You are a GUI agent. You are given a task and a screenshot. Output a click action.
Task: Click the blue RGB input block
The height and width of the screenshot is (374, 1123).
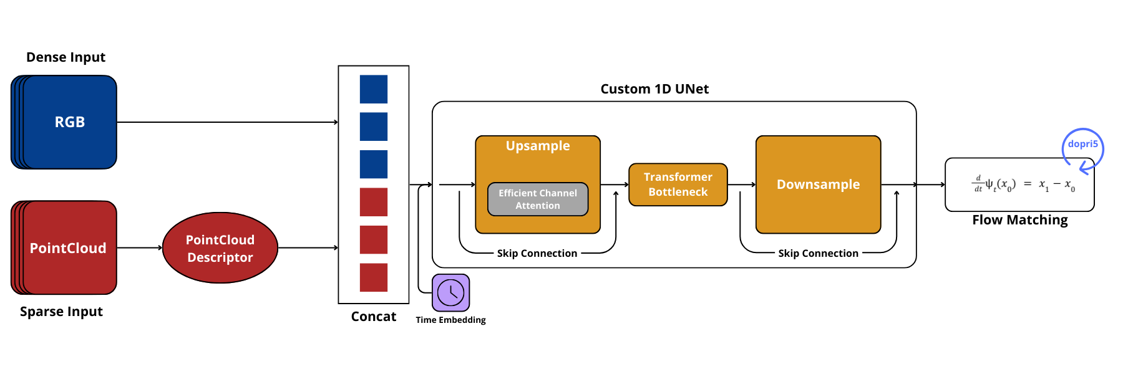tap(69, 122)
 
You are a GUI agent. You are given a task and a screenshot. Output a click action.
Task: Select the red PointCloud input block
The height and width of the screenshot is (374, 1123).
tap(69, 247)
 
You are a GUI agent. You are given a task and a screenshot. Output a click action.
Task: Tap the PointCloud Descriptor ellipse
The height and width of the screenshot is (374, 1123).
tap(220, 248)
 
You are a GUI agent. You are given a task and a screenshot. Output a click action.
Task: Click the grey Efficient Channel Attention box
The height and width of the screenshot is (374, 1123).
tap(538, 199)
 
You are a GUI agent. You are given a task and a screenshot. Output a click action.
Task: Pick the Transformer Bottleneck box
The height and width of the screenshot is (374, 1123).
tap(678, 185)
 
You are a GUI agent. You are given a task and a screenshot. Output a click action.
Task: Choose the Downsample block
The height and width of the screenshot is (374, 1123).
tap(818, 185)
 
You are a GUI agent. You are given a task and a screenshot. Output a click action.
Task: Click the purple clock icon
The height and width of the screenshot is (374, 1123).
tap(450, 292)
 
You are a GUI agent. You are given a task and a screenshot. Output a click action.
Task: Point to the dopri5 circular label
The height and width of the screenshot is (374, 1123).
tap(1082, 145)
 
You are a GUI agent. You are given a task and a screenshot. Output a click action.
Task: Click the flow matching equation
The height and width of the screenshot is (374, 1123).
tap(1024, 185)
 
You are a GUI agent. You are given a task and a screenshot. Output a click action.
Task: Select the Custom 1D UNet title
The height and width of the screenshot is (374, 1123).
tap(654, 89)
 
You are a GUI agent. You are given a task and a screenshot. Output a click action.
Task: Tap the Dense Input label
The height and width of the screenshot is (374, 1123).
tap(66, 57)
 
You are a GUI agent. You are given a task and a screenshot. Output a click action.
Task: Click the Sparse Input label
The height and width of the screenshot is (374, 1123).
tap(61, 312)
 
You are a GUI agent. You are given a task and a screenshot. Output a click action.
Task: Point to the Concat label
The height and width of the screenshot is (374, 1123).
tap(374, 317)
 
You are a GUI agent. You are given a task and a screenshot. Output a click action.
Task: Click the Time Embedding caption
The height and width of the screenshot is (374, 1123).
tap(450, 320)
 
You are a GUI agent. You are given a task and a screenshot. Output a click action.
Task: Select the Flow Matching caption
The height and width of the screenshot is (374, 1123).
tap(1020, 220)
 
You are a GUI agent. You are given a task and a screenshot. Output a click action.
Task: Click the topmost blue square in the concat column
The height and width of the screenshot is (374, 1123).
tap(374, 89)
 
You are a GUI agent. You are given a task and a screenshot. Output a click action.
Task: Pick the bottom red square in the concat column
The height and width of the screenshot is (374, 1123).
tap(374, 277)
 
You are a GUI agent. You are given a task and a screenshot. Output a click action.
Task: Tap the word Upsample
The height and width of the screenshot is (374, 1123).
tap(538, 146)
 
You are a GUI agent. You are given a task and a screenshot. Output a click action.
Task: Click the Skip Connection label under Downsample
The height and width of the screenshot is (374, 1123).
tap(818, 253)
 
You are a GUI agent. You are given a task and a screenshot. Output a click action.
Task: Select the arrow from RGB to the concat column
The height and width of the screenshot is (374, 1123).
tap(227, 122)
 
